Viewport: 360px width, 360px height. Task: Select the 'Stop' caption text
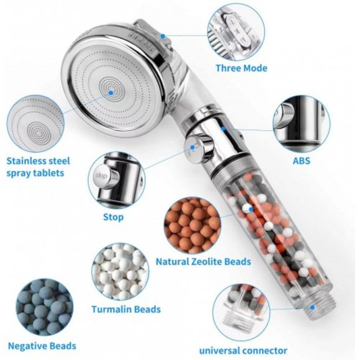pos(113,217)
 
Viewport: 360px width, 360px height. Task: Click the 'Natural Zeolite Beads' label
pos(204,261)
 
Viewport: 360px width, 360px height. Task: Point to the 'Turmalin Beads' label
pos(126,308)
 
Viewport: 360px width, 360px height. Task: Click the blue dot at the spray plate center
pos(111,92)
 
